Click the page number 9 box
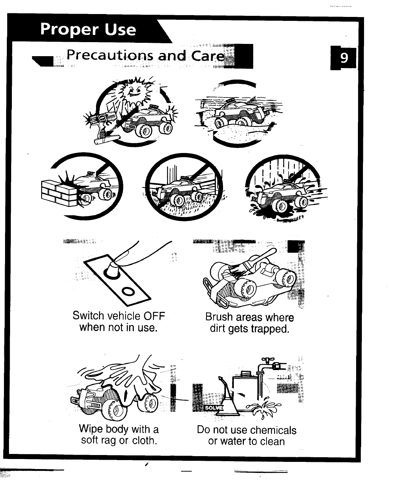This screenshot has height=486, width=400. pos(344,58)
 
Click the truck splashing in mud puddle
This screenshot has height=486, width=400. pos(275,196)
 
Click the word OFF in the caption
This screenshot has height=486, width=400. pos(154,316)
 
